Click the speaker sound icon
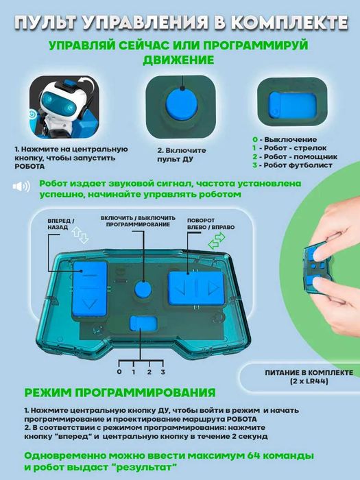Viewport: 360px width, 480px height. tap(22, 187)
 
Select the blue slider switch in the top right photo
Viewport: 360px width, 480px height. tap(290, 106)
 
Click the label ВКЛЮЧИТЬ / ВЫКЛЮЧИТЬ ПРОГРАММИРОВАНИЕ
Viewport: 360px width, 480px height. tap(135, 221)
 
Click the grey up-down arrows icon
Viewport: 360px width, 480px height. tap(81, 238)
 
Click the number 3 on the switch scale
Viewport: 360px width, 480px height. tap(163, 371)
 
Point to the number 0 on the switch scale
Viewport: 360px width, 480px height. tap(119, 371)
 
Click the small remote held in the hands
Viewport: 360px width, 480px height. tap(320, 264)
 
